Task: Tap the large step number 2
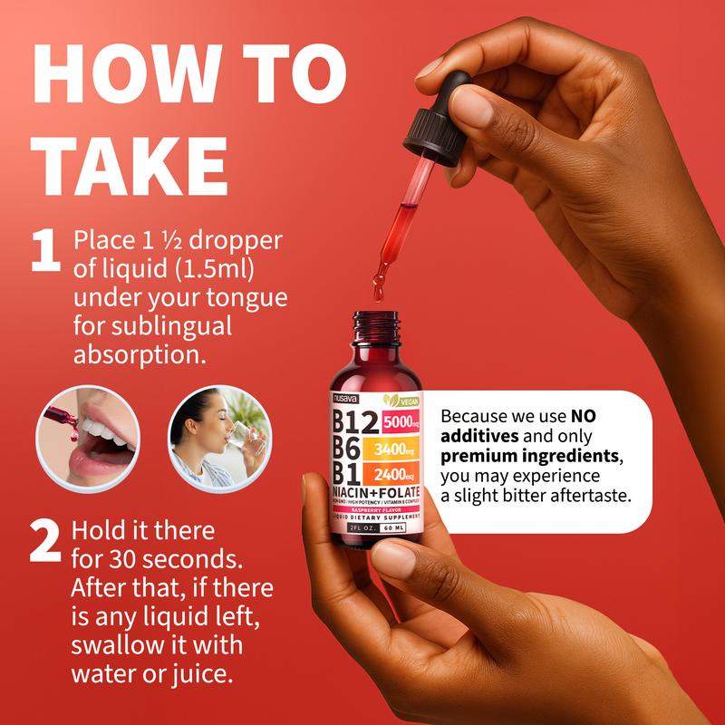[45, 543]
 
